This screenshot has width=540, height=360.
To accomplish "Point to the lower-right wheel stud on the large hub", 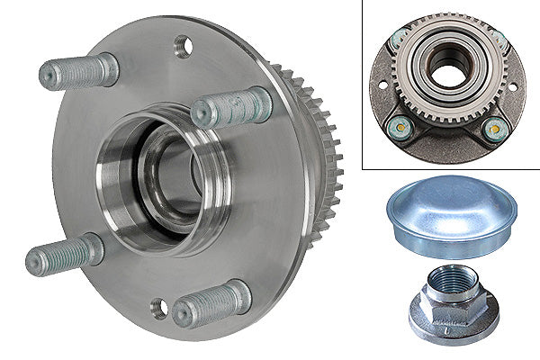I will pos(211,304).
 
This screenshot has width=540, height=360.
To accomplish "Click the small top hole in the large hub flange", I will pos(183,45).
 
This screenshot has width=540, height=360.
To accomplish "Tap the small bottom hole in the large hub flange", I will pos(158,308).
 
